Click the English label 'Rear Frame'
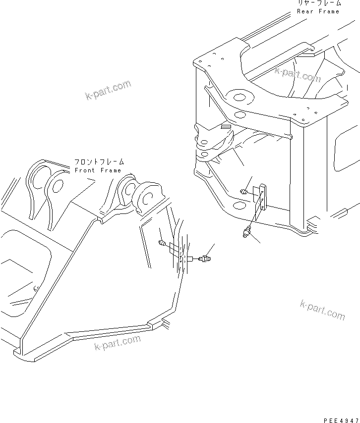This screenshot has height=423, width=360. click(x=318, y=11)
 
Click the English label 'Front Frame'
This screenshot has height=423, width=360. click(x=98, y=170)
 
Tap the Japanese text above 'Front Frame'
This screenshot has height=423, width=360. click(x=99, y=162)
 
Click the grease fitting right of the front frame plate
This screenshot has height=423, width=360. click(x=204, y=258)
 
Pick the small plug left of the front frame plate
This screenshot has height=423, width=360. click(x=162, y=242)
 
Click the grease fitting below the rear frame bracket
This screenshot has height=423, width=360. click(x=247, y=231)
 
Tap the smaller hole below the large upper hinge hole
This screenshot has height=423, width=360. click(x=240, y=115)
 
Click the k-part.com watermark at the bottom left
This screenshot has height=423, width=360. click(x=118, y=343)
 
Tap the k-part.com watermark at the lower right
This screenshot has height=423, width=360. click(x=322, y=310)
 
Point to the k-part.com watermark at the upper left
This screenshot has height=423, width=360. click(x=108, y=90)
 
